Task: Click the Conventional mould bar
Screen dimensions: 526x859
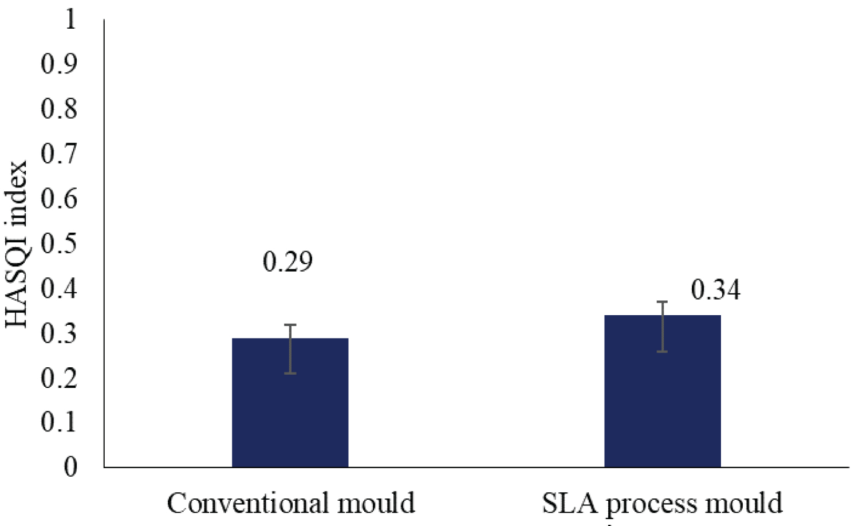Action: click(290, 413)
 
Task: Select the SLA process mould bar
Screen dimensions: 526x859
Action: click(662, 401)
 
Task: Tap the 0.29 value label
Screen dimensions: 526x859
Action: click(287, 262)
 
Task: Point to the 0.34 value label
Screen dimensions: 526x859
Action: click(715, 289)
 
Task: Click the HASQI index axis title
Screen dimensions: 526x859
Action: click(17, 244)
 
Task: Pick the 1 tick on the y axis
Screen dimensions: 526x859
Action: click(70, 19)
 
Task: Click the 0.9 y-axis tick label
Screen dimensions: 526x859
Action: click(59, 64)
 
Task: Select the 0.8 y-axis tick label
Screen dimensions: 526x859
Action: click(59, 108)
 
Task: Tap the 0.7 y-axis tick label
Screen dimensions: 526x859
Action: click(59, 153)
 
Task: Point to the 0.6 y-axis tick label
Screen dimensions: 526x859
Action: click(59, 198)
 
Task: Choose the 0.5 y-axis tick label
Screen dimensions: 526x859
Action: click(59, 243)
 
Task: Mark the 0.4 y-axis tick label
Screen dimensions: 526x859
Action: click(59, 288)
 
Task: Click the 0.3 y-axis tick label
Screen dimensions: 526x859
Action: click(59, 333)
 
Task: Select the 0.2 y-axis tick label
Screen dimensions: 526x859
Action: click(59, 378)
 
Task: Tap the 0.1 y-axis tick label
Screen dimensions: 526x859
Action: click(59, 422)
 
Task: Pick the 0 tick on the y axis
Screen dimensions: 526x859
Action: click(70, 467)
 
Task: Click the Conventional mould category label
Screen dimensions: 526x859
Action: click(291, 503)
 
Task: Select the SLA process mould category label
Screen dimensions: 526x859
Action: click(662, 503)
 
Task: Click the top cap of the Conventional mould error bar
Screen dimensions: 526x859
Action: click(290, 325)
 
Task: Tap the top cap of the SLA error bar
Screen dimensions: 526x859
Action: click(662, 302)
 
